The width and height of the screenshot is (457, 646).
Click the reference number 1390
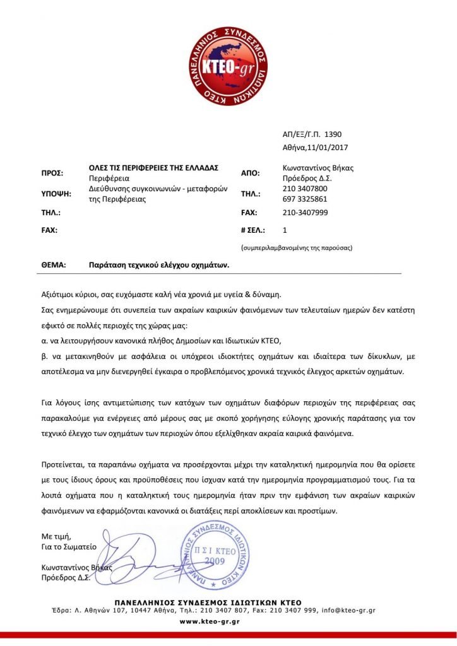click(x=332, y=134)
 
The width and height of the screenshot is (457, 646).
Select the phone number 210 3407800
click(x=305, y=189)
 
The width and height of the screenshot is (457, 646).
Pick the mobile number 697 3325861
click(x=305, y=199)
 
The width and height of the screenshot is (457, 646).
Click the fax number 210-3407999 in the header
click(x=305, y=213)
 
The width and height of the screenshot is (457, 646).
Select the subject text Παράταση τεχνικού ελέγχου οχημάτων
click(x=158, y=266)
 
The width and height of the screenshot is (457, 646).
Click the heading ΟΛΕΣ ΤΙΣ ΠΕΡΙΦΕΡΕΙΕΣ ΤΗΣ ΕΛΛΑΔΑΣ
click(x=153, y=167)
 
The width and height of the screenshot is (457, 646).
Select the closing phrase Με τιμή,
click(x=56, y=536)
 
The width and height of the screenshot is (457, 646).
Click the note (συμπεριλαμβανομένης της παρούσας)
click(x=297, y=248)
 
